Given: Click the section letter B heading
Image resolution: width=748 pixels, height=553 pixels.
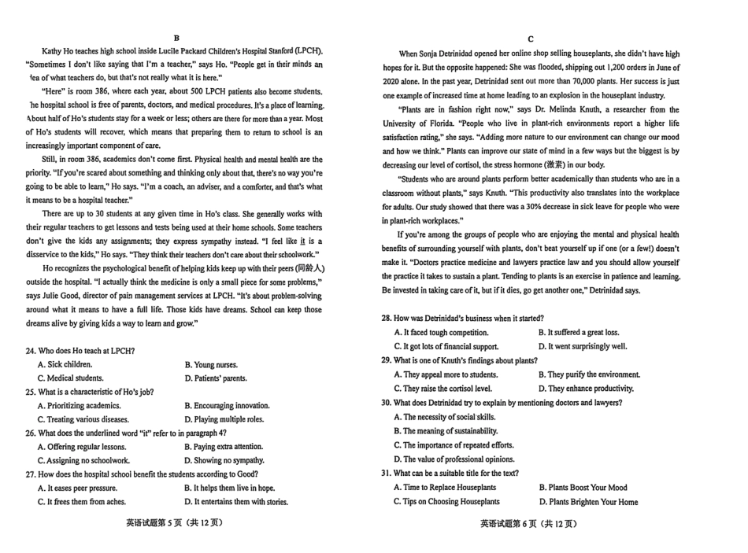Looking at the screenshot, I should (x=176, y=38).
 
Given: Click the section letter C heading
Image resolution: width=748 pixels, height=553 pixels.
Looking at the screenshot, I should (x=531, y=39).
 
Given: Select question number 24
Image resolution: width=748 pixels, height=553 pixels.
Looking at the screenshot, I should (x=31, y=350).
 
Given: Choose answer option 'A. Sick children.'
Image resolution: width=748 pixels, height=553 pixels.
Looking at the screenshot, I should (x=65, y=364).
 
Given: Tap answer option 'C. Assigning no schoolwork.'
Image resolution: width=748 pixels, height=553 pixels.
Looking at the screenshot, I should (x=83, y=460).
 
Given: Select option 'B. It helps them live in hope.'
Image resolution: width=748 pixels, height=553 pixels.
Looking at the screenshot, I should (x=229, y=488).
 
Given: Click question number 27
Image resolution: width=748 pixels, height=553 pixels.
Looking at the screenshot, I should (x=31, y=474).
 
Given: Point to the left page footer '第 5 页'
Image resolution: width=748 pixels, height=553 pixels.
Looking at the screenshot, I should (x=168, y=524).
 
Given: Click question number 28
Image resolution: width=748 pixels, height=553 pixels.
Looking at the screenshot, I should (x=386, y=318).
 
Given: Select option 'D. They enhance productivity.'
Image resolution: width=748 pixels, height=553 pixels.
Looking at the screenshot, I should (x=586, y=388).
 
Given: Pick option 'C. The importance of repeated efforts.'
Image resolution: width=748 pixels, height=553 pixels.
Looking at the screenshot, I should (x=453, y=444).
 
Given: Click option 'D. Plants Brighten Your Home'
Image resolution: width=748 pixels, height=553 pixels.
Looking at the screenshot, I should (x=588, y=501).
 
